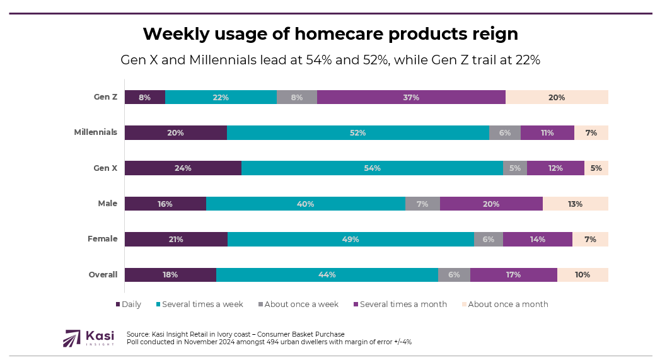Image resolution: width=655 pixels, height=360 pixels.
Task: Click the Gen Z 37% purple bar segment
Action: click(411, 97)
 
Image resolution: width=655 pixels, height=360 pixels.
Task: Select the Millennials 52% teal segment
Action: click(358, 132)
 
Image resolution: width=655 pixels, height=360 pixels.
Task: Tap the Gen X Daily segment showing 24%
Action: click(183, 168)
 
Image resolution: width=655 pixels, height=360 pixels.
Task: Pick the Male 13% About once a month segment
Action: click(575, 204)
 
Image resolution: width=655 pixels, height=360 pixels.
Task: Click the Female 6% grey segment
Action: click(489, 239)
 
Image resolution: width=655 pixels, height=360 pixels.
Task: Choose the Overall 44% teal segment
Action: click(327, 275)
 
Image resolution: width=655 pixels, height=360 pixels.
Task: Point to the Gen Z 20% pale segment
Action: click(557, 97)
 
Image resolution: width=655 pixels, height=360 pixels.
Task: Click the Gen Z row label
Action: click(105, 97)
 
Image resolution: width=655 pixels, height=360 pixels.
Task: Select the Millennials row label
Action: click(96, 132)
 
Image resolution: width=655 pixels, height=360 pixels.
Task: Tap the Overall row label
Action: click(103, 275)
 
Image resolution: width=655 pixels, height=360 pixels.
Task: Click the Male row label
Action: click(107, 204)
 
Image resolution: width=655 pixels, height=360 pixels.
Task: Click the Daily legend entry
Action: click(129, 305)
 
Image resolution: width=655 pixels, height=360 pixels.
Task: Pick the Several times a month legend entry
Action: click(399, 305)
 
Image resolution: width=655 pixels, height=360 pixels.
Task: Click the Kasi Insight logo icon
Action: click(72, 339)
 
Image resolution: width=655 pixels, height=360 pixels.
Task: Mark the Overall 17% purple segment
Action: click(513, 275)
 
